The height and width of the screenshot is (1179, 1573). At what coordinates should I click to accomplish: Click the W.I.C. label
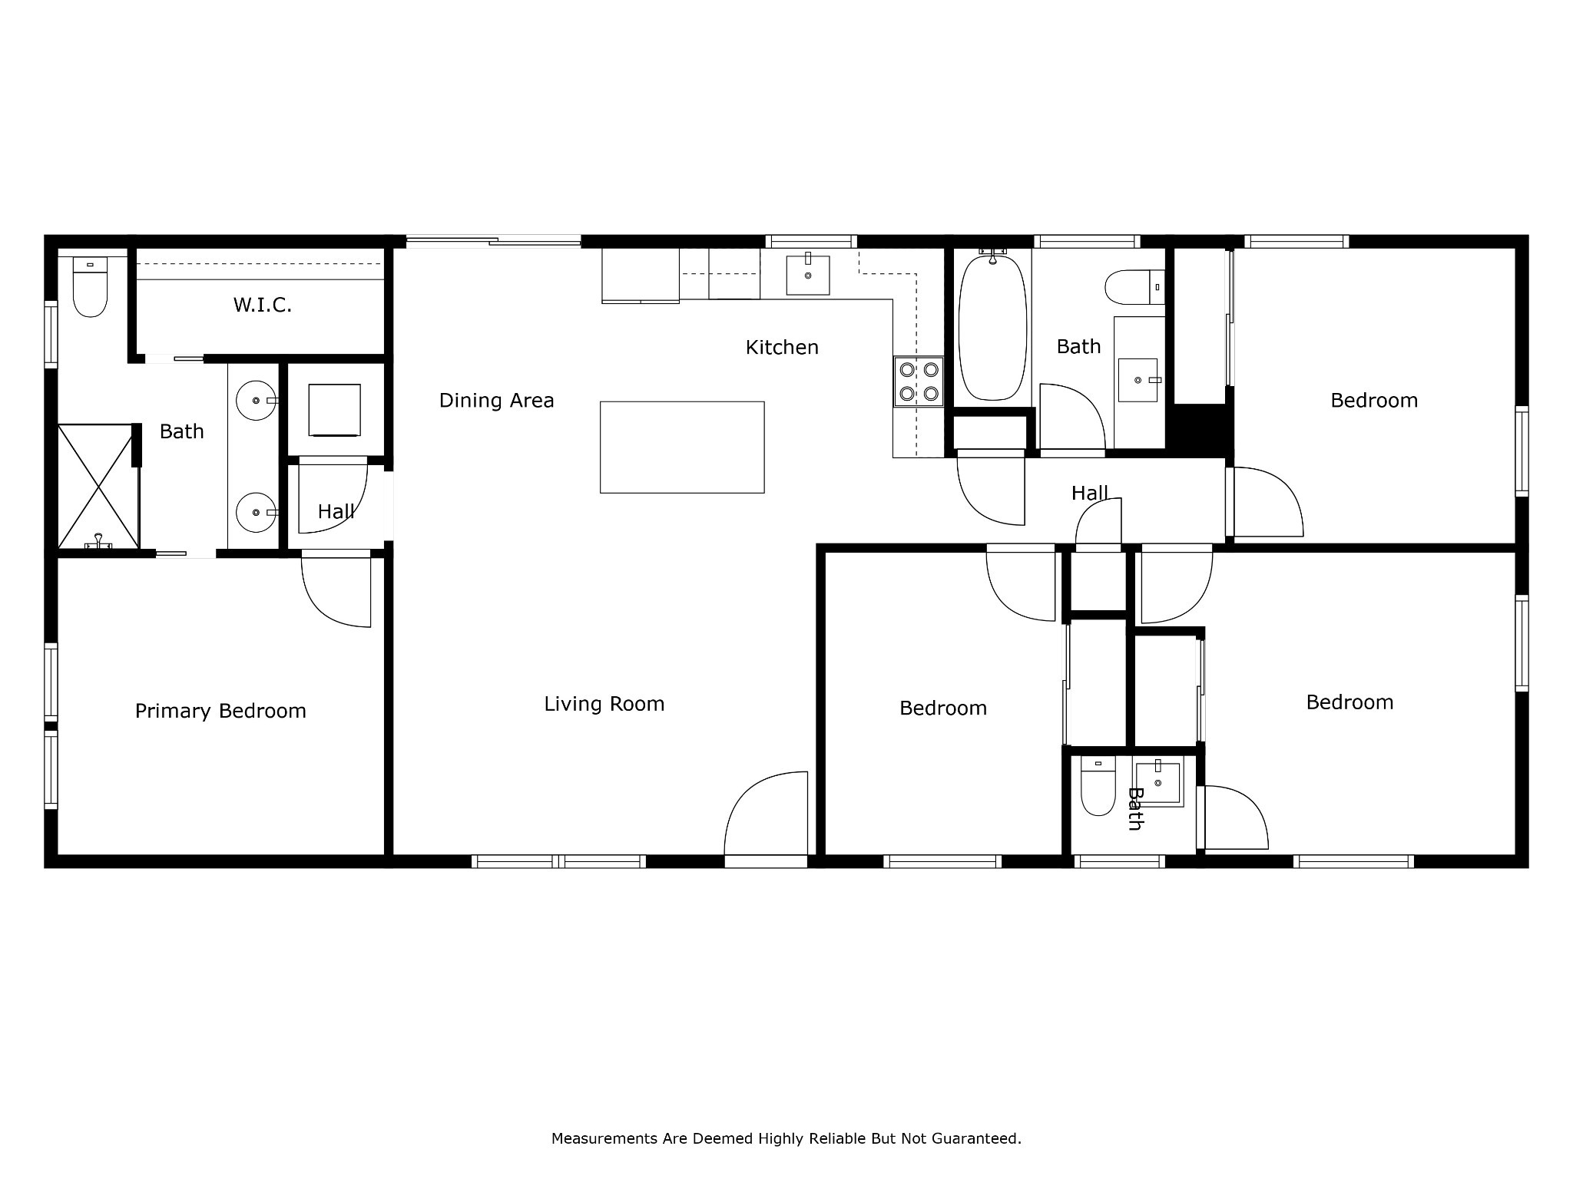coord(263,305)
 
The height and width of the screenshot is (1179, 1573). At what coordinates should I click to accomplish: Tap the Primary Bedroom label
coord(220,712)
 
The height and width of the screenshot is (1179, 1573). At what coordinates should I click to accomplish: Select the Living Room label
coord(604,704)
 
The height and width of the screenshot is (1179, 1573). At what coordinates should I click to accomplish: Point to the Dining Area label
coord(496,401)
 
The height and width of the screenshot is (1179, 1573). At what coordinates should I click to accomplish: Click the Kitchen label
coord(782,348)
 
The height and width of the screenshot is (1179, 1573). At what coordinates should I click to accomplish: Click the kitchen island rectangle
coord(682,447)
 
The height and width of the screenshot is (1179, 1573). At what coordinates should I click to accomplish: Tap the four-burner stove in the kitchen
coord(919,381)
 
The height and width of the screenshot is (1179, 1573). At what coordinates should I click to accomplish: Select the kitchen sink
coord(808,276)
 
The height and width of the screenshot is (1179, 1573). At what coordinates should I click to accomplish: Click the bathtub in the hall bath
coord(992,328)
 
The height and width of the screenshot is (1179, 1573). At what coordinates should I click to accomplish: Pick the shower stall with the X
coord(98,486)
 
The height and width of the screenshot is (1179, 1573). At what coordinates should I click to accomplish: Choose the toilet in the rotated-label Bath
coord(1098,786)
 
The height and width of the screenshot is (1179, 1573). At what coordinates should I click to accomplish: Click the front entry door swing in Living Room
coord(766,814)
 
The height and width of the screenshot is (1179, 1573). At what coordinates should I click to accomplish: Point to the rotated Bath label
coord(1135,809)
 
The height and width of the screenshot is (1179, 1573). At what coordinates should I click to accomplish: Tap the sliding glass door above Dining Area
coord(493,241)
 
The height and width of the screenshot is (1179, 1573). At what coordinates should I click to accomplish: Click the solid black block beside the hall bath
coord(1200,428)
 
